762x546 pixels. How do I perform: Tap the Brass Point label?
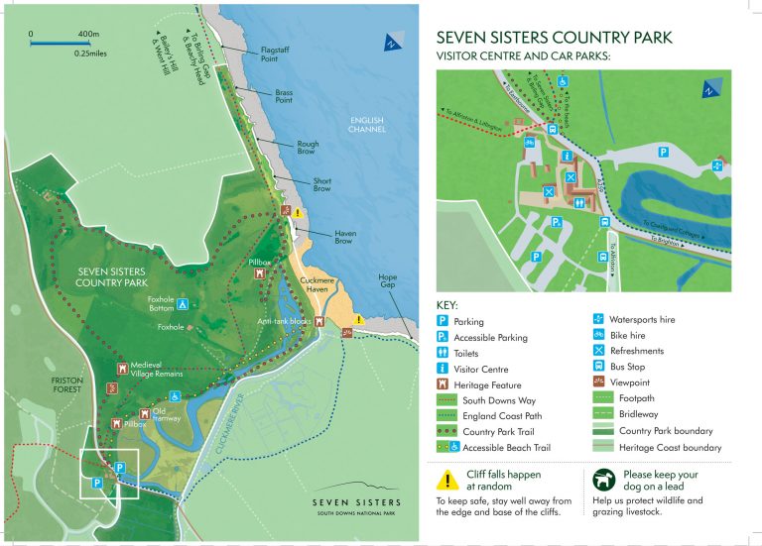[284, 95]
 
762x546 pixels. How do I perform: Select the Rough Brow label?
[309, 148]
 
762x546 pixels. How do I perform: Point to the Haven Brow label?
[344, 236]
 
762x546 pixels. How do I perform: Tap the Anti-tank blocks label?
[285, 321]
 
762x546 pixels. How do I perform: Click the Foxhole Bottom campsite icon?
[184, 303]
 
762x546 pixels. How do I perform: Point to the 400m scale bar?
[55, 44]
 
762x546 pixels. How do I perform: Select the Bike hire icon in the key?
[598, 336]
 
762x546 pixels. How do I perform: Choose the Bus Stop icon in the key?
[598, 367]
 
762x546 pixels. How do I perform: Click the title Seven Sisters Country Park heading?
[554, 39]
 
